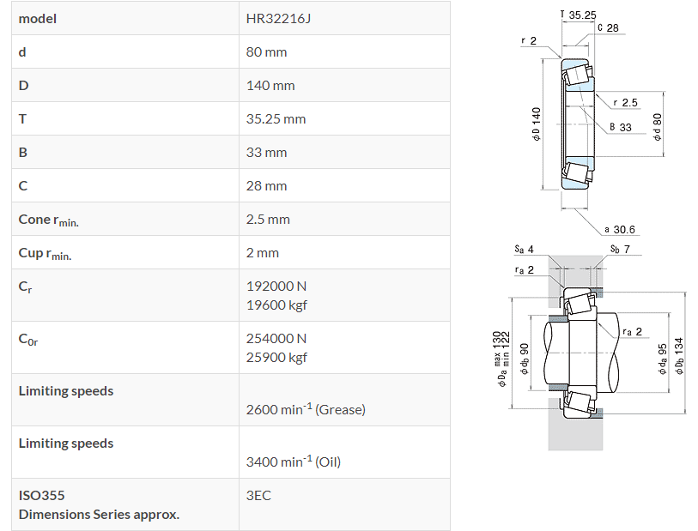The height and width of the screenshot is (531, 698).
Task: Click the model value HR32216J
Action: [x=278, y=18]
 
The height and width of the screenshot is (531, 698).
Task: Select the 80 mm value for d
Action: [x=266, y=51]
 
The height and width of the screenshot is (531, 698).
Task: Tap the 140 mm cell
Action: [x=270, y=85]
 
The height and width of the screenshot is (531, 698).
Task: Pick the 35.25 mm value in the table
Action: [x=276, y=118]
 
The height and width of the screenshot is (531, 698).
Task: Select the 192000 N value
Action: [x=276, y=285]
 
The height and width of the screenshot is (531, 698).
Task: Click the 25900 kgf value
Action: [x=276, y=357]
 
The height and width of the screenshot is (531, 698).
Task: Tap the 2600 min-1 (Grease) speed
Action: [x=306, y=409]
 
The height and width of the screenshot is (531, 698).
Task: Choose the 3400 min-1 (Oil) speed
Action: [x=294, y=462]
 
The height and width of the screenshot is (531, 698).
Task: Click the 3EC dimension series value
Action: [x=258, y=495]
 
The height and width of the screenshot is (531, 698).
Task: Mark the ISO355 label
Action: [x=41, y=495]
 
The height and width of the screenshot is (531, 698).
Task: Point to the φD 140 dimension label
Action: [x=536, y=125]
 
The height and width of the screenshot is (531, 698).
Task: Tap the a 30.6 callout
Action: [x=619, y=230]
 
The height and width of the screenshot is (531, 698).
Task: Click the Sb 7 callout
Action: [x=620, y=249]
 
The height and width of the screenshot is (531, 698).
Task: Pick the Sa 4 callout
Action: [x=524, y=249]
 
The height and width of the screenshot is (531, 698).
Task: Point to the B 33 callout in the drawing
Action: [x=620, y=127]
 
